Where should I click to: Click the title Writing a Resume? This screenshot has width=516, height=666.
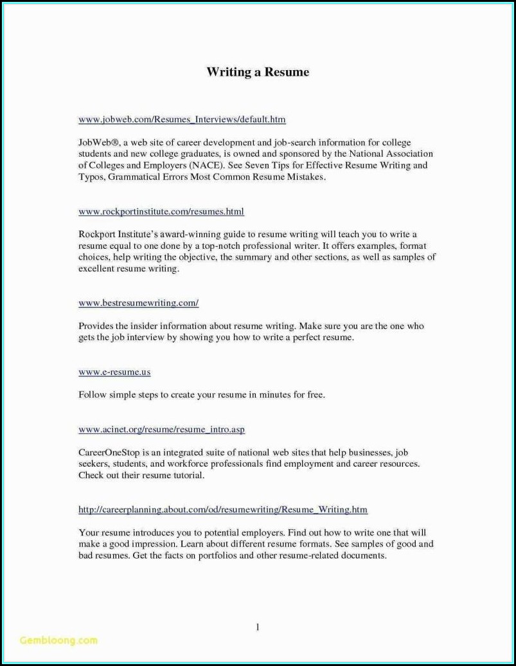257,72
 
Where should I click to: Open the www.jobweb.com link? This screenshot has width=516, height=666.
182,120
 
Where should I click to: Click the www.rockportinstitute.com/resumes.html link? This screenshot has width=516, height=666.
161,212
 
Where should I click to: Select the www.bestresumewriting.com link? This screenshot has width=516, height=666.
138,303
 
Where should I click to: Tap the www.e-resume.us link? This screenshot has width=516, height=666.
114,372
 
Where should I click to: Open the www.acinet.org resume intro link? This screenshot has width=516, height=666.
161,429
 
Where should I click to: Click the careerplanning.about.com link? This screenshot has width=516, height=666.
223,510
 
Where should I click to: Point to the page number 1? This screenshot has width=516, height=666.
257,627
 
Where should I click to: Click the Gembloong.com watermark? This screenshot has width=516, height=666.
58,640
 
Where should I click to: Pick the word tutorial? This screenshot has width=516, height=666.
187,476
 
